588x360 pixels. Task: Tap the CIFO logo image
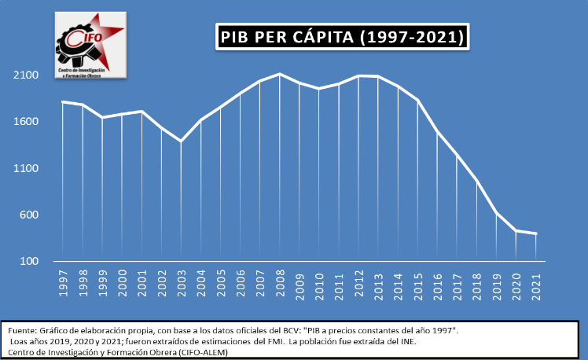pyautogui.click(x=90, y=44)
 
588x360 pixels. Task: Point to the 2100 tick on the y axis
pyautogui.click(x=27, y=75)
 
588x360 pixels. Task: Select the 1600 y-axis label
pyautogui.click(x=27, y=122)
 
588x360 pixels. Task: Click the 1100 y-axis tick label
pyautogui.click(x=27, y=168)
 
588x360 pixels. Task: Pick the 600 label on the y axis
pyautogui.click(x=29, y=215)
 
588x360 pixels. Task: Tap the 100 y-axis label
pyautogui.click(x=29, y=261)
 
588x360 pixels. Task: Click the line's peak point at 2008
pyautogui.click(x=280, y=74)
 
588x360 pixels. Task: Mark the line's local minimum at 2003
pyautogui.click(x=182, y=141)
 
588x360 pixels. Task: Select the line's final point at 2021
pyautogui.click(x=535, y=233)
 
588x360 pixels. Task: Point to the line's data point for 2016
pyautogui.click(x=437, y=131)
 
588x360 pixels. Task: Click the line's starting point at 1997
pyautogui.click(x=64, y=102)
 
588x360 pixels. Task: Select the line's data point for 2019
pyautogui.click(x=496, y=212)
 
